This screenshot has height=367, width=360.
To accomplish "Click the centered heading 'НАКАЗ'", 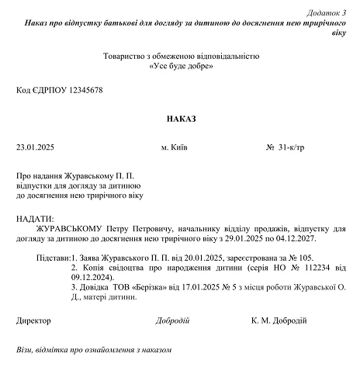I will (181, 119).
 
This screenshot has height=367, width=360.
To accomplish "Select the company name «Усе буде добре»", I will (181, 67).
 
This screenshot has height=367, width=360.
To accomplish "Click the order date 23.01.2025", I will (35, 147).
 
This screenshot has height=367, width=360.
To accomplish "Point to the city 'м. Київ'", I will (175, 147).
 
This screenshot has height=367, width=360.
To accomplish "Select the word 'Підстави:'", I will (52, 257).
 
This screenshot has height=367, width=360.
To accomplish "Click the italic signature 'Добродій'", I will (171, 320).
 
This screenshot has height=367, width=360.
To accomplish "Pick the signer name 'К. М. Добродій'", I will (279, 320).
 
